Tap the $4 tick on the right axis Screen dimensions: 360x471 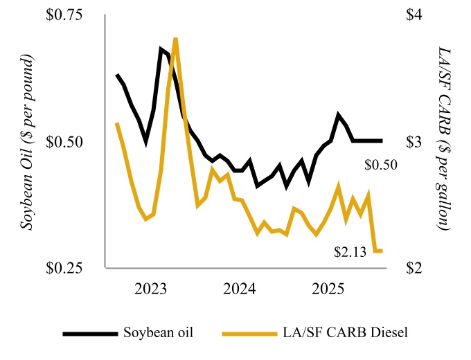coord(414,16)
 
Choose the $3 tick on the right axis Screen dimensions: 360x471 coord(414,142)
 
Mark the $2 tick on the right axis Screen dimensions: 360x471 coord(414,268)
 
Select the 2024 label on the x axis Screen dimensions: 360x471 coord(241,288)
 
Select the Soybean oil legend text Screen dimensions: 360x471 coord(157,332)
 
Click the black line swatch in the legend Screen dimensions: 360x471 coord(90,333)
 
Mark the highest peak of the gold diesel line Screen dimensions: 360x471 coord(176,39)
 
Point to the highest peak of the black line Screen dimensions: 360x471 coord(161,49)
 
